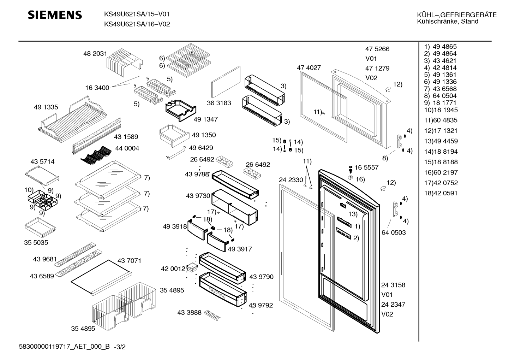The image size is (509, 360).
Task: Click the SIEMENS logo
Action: (x=55, y=15)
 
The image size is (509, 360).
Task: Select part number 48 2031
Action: (x=95, y=54)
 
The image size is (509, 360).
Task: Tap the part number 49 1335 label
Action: (x=46, y=107)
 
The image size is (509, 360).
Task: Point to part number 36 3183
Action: (x=219, y=103)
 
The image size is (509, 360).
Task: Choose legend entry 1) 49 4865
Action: (x=440, y=47)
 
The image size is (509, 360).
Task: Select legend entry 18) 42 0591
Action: (x=441, y=193)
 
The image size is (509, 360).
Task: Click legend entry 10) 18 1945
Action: (x=441, y=110)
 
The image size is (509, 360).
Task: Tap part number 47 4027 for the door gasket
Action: (x=309, y=67)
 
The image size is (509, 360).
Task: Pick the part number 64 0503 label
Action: (x=394, y=232)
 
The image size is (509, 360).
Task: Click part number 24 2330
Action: (x=291, y=180)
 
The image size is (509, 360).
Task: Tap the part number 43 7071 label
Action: (x=129, y=261)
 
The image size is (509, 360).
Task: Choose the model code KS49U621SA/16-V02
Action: (x=137, y=24)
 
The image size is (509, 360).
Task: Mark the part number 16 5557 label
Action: (x=366, y=167)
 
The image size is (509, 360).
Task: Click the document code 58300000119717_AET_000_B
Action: (x=64, y=347)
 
